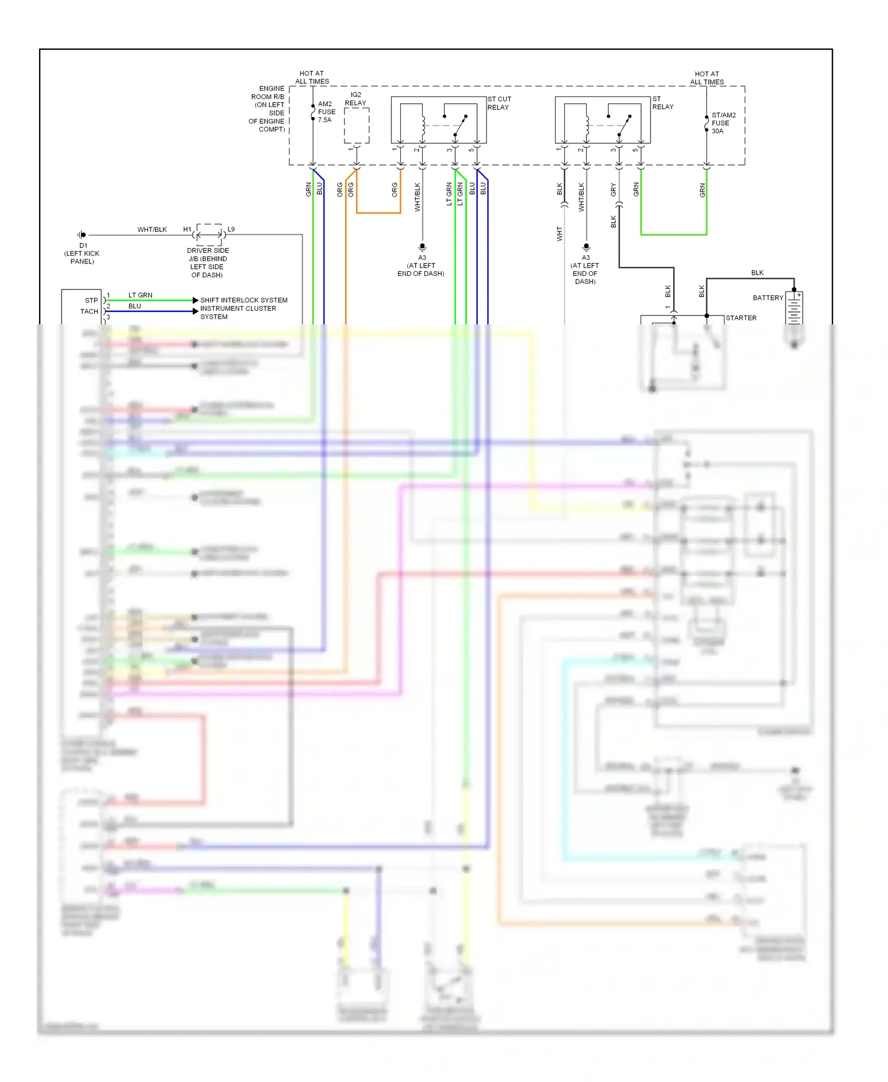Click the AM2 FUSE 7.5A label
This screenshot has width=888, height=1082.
(x=326, y=112)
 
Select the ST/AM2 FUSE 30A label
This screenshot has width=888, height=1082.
(x=723, y=123)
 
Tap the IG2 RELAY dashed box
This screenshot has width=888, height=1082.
(x=356, y=125)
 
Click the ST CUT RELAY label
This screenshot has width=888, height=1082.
(x=498, y=103)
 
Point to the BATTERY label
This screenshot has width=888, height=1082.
(x=767, y=298)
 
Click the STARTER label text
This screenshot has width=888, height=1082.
(x=741, y=318)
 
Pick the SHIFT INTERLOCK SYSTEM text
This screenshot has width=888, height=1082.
(x=243, y=300)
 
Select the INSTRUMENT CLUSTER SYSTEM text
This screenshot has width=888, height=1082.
(x=237, y=313)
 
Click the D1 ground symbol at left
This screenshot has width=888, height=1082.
(x=82, y=235)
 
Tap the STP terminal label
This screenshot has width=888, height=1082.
(x=91, y=300)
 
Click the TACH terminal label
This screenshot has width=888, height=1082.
(x=89, y=311)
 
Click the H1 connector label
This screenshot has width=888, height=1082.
(x=187, y=229)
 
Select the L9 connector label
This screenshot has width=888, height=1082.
(x=231, y=229)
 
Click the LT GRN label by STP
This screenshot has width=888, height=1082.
(x=140, y=295)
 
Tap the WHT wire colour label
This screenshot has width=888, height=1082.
(x=559, y=234)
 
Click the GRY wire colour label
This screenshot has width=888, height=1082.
(x=613, y=189)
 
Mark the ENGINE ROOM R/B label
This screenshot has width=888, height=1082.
(x=268, y=109)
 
